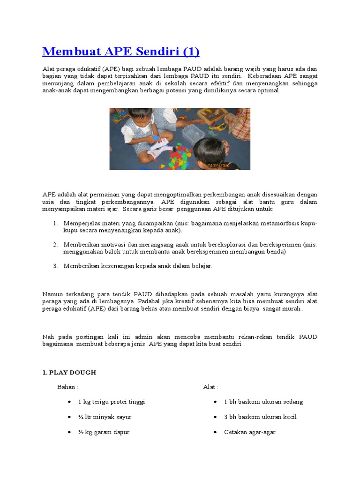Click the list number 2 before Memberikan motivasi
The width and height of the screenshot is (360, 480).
55,245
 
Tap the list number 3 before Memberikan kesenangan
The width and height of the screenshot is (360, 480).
55,266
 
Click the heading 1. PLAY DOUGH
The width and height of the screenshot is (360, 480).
69,373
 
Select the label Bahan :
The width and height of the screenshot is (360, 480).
67,387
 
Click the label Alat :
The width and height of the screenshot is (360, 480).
210,387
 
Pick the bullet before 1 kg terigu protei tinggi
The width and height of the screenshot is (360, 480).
69,402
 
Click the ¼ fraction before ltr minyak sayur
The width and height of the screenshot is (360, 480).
81,417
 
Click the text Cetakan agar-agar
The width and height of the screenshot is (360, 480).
249,432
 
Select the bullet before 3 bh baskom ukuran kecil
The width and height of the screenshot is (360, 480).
215,417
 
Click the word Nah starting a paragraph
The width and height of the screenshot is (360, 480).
48,337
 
